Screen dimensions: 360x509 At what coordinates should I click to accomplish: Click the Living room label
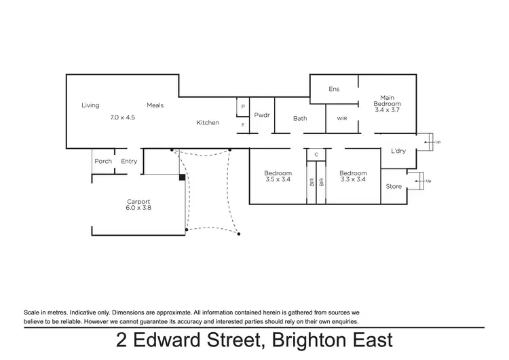pyautogui.click(x=90, y=105)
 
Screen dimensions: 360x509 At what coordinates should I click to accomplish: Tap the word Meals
pyautogui.click(x=155, y=105)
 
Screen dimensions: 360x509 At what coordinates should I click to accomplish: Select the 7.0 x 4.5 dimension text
pyautogui.click(x=123, y=117)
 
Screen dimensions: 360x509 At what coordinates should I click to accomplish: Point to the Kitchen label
pyautogui.click(x=208, y=122)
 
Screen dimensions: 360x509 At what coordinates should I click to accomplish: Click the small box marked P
pyautogui.click(x=242, y=107)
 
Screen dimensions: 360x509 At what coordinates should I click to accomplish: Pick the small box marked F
pyautogui.click(x=242, y=125)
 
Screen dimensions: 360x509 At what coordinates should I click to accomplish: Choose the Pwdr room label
pyautogui.click(x=262, y=115)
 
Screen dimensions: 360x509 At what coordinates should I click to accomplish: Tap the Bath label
pyautogui.click(x=300, y=118)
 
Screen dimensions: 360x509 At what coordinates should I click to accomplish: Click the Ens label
pyautogui.click(x=334, y=89)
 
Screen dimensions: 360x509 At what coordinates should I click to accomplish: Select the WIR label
pyautogui.click(x=342, y=118)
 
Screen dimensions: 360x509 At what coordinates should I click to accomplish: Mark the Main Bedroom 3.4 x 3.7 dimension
pyautogui.click(x=387, y=109)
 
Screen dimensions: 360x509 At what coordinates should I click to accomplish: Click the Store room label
pyautogui.click(x=394, y=185)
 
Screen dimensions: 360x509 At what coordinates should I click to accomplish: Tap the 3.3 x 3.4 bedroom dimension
pyautogui.click(x=353, y=179)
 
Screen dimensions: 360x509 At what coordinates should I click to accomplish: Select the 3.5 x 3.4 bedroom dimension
pyautogui.click(x=278, y=179)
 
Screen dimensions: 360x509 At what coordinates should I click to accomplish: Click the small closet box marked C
pyautogui.click(x=316, y=155)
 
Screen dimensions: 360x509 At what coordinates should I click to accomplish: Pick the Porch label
pyautogui.click(x=103, y=161)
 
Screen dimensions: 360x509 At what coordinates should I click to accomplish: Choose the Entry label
pyautogui.click(x=129, y=161)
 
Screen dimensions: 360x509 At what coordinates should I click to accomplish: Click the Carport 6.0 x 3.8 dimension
pyautogui.click(x=138, y=208)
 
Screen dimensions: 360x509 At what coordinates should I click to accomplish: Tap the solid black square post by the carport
pyautogui.click(x=182, y=178)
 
